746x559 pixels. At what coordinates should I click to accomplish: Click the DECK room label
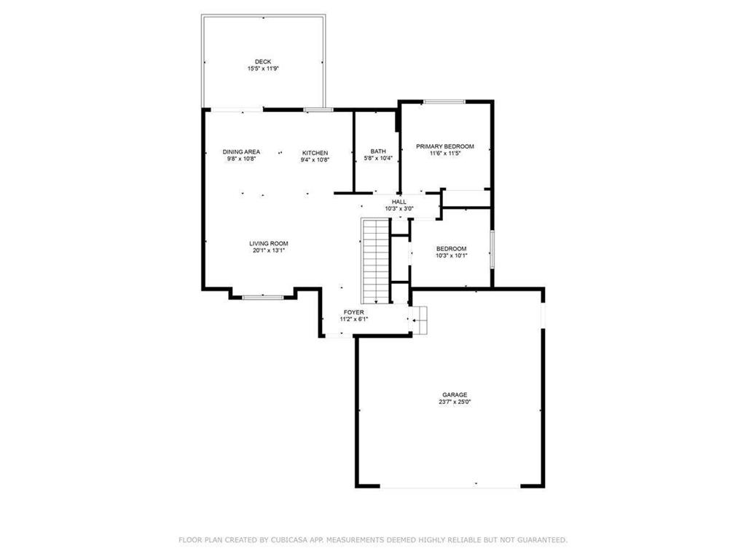pyautogui.click(x=263, y=62)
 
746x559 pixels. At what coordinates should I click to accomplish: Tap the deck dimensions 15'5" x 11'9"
pyautogui.click(x=263, y=68)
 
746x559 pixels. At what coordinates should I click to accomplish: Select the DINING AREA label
pyautogui.click(x=242, y=152)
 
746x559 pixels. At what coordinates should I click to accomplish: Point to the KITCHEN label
pyautogui.click(x=315, y=153)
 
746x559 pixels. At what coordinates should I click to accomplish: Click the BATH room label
pyautogui.click(x=378, y=151)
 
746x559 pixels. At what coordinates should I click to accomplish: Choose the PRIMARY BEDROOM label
pyautogui.click(x=445, y=146)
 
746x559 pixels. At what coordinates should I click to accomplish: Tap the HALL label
pyautogui.click(x=399, y=202)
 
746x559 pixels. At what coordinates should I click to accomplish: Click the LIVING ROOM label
pyautogui.click(x=269, y=244)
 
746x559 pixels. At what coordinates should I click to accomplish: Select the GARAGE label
pyautogui.click(x=455, y=395)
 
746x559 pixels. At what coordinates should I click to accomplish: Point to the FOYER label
pyautogui.click(x=354, y=313)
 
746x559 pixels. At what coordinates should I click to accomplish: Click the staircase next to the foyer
pyautogui.click(x=376, y=261)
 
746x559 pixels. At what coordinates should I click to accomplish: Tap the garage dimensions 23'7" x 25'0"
pyautogui.click(x=455, y=402)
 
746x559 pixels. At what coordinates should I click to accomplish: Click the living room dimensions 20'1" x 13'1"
pyautogui.click(x=269, y=250)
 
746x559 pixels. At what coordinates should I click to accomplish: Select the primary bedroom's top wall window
pyautogui.click(x=444, y=102)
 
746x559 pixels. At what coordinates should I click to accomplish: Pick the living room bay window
pyautogui.click(x=263, y=298)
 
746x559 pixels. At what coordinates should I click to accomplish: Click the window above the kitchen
pyautogui.click(x=319, y=110)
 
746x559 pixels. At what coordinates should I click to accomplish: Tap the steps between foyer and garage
pyautogui.click(x=420, y=320)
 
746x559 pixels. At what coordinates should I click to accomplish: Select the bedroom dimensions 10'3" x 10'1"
pyautogui.click(x=452, y=255)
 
